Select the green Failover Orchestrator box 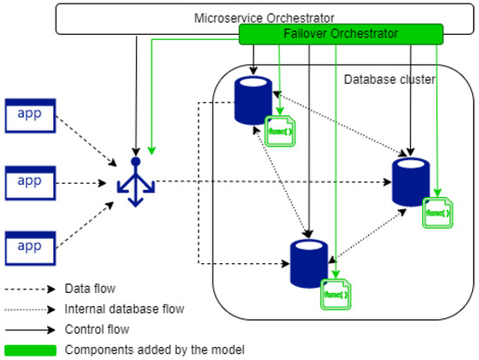click(x=341, y=33)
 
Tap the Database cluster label click(x=389, y=79)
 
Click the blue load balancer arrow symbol click(x=136, y=184)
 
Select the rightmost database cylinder click(x=408, y=180)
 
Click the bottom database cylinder click(x=307, y=262)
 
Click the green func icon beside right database click(x=438, y=212)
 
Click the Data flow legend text click(x=91, y=289)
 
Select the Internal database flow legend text click(x=124, y=309)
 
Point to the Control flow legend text click(x=98, y=329)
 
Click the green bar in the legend click(x=30, y=350)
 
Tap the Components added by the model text click(x=143, y=350)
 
